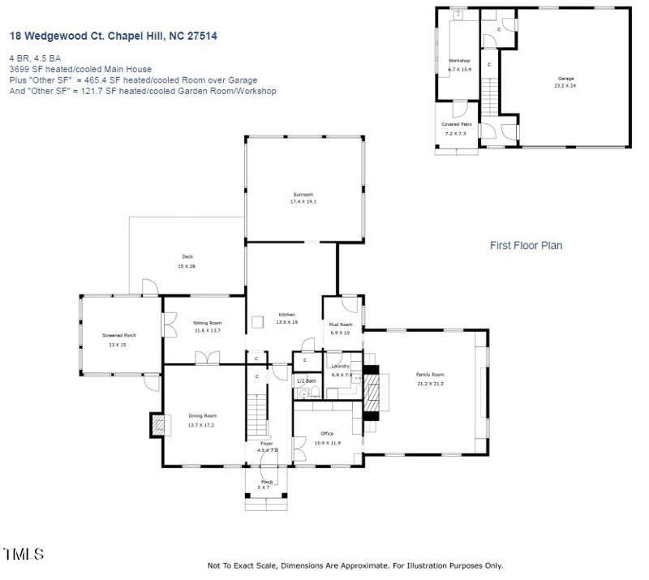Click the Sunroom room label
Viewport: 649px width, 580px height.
(x=303, y=195)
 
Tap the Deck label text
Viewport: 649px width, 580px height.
(x=187, y=257)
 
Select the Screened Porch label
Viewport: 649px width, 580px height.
(x=119, y=335)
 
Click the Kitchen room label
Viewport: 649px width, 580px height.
(x=287, y=314)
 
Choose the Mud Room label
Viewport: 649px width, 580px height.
(x=341, y=324)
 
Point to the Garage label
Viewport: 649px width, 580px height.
(x=565, y=79)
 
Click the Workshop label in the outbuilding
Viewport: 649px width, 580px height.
(x=460, y=61)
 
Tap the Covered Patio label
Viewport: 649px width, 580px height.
(x=456, y=124)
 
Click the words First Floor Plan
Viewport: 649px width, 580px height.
(x=526, y=245)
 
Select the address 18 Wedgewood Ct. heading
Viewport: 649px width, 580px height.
(x=113, y=37)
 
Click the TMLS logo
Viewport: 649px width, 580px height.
(x=24, y=555)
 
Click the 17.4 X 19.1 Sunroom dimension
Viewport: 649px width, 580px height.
(x=303, y=202)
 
